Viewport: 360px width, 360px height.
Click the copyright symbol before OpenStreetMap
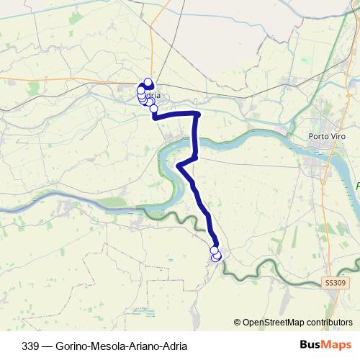(238, 323)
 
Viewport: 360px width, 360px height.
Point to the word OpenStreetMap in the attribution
(273, 323)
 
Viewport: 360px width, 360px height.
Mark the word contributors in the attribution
(328, 323)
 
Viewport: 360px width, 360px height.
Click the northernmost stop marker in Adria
(148, 82)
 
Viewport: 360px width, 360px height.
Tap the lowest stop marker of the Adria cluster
(153, 109)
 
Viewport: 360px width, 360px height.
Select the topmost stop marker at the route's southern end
(214, 250)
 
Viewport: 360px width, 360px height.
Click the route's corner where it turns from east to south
(197, 114)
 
